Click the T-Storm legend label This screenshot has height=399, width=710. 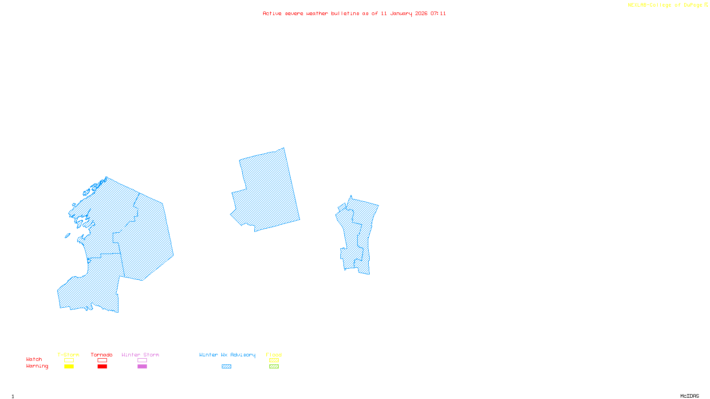tap(68, 355)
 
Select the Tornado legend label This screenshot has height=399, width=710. tap(102, 355)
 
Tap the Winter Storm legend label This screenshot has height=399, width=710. tap(140, 355)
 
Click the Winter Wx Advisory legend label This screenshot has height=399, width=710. tap(227, 355)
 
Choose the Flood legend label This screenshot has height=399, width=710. tap(274, 355)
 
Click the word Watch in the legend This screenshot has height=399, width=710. tap(34, 359)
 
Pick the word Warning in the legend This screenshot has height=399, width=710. tap(37, 366)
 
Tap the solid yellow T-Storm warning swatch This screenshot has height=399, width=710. tap(69, 367)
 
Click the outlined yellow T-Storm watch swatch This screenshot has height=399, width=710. tap(69, 360)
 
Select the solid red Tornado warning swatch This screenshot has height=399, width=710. tap(102, 367)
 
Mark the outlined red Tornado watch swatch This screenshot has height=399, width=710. tap(102, 360)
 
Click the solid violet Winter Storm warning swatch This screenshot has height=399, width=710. tap(142, 367)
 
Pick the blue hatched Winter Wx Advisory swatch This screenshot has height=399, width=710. tap(226, 367)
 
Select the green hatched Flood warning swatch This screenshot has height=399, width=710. tap(274, 367)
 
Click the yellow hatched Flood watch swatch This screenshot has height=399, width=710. tap(274, 360)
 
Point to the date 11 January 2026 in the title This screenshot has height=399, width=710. tap(404, 14)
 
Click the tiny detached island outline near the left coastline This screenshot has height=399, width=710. tap(67, 236)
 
